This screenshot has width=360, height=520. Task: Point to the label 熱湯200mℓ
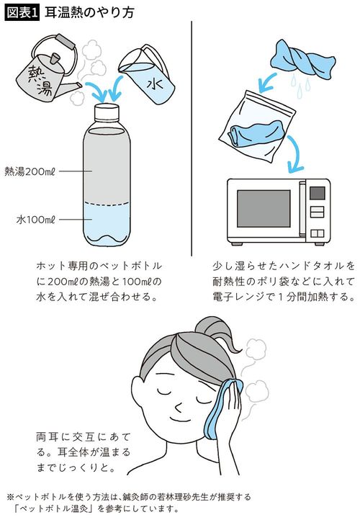click(x=32, y=171)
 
